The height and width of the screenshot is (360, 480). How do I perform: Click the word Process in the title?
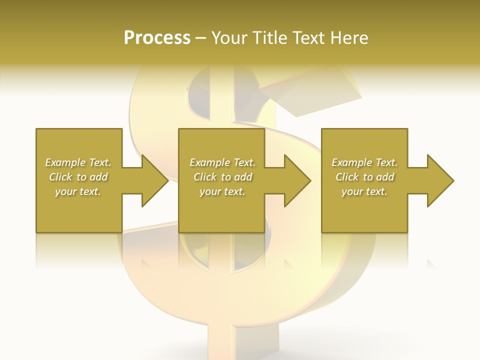pyautogui.click(x=157, y=38)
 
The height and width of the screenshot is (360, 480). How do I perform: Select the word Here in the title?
pyautogui.click(x=349, y=38)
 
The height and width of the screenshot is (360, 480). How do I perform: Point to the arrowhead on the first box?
pyautogui.click(x=155, y=180)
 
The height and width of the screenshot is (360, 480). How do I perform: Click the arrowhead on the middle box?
pyautogui.click(x=297, y=180)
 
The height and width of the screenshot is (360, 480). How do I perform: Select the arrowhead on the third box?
pyautogui.click(x=440, y=180)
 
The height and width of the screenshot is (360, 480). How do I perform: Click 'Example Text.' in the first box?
pyautogui.click(x=78, y=162)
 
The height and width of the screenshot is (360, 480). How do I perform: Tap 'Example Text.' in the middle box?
pyautogui.click(x=222, y=162)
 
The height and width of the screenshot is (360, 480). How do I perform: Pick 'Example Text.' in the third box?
pyautogui.click(x=364, y=162)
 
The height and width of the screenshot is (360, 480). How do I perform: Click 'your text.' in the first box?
pyautogui.click(x=78, y=191)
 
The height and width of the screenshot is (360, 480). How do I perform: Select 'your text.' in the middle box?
pyautogui.click(x=222, y=191)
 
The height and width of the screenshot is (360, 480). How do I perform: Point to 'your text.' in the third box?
pyautogui.click(x=364, y=191)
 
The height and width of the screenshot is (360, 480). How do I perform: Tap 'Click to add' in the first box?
pyautogui.click(x=78, y=177)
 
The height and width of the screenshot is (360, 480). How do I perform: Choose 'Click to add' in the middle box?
pyautogui.click(x=222, y=177)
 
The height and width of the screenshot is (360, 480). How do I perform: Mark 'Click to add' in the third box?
pyautogui.click(x=364, y=177)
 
